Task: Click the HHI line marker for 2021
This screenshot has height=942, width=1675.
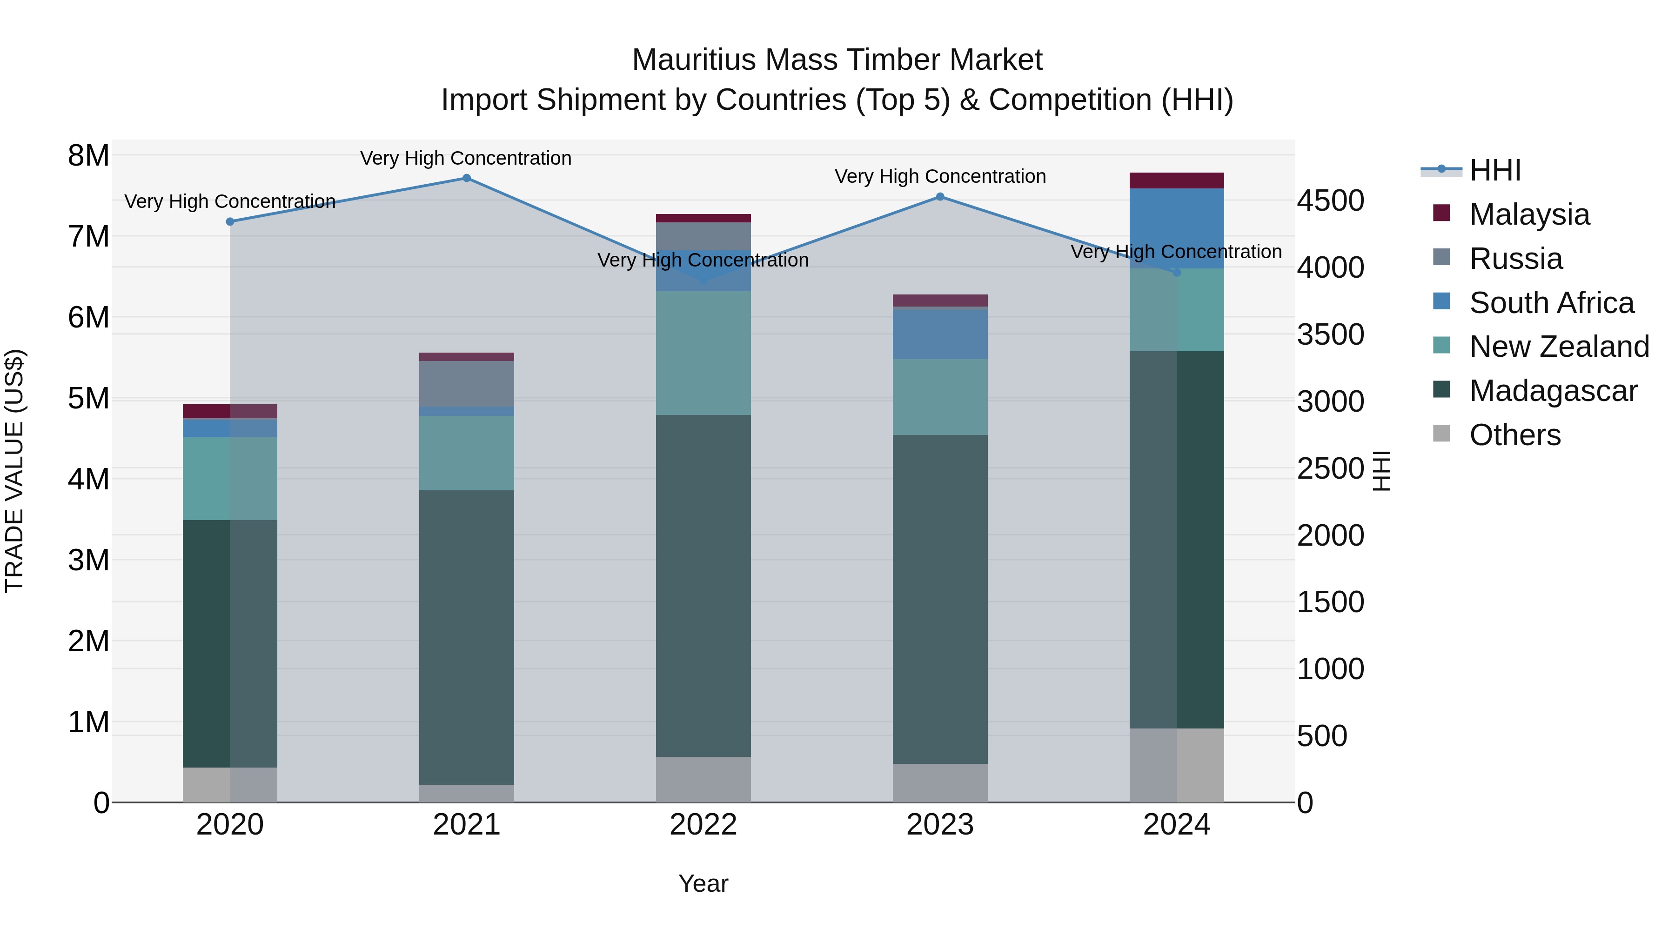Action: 466,178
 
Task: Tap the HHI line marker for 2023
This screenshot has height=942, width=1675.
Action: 939,196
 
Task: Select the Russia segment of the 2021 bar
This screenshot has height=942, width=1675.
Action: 466,384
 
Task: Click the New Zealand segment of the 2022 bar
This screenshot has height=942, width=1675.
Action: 703,353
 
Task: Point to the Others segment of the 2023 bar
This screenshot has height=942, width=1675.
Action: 939,783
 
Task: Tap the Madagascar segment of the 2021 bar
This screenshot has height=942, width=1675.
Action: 466,637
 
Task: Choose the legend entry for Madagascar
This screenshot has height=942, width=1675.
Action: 1553,391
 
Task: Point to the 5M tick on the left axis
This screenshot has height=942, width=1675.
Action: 89,399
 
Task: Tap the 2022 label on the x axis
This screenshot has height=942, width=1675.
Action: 703,825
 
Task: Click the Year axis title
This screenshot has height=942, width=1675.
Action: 703,883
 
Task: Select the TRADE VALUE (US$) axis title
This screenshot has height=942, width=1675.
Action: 14,471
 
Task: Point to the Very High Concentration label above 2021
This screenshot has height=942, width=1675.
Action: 466,158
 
